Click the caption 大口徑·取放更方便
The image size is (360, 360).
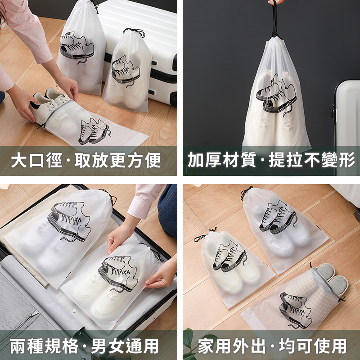85,160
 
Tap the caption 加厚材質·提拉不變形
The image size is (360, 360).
271,160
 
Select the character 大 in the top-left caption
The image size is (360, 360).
18,160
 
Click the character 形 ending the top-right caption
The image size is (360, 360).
347,160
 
